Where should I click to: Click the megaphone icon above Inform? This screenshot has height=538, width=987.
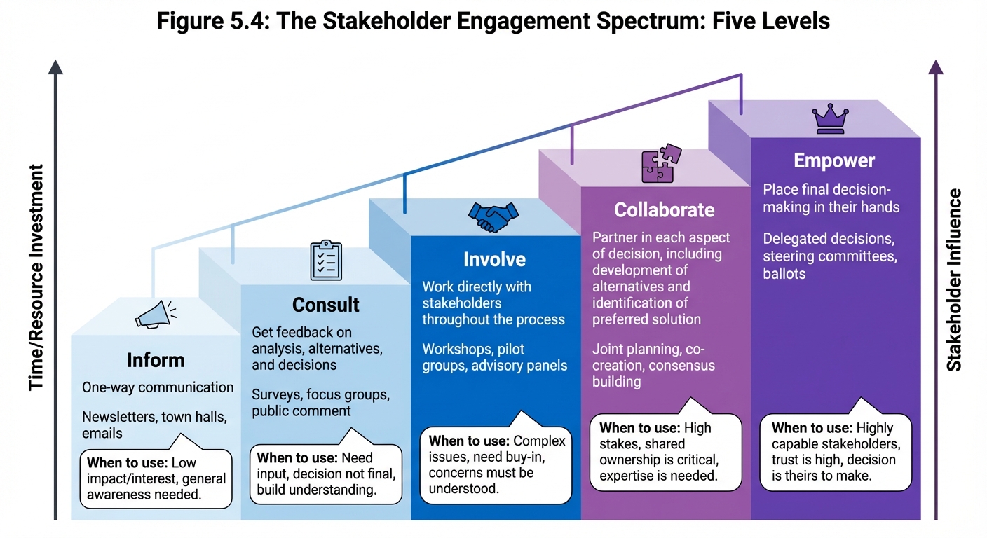click(x=155, y=315)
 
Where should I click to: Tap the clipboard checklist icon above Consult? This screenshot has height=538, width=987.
click(x=326, y=261)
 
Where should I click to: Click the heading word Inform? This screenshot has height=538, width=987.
click(x=156, y=360)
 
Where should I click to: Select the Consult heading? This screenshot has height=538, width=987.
click(x=325, y=305)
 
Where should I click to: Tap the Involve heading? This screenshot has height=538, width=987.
click(x=494, y=259)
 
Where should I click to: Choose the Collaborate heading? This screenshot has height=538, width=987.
click(x=664, y=209)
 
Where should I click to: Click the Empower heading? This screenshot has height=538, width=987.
click(x=833, y=160)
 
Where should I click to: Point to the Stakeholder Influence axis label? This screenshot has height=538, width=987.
click(x=953, y=279)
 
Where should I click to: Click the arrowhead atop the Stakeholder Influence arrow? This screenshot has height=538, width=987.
click(x=936, y=67)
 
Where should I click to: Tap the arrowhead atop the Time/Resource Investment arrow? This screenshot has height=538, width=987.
click(x=55, y=67)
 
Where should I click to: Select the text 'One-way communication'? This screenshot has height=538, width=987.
click(x=158, y=387)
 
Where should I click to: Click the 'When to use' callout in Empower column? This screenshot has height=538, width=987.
click(x=835, y=452)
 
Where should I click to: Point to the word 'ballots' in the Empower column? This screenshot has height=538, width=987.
click(x=784, y=273)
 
